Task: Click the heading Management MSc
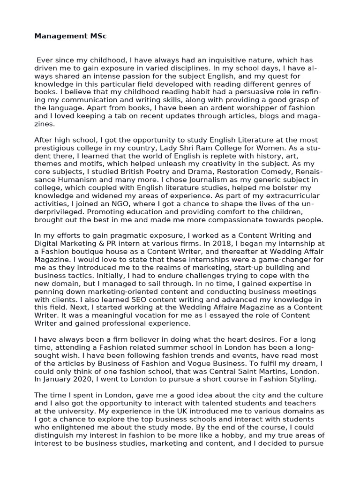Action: [x=70, y=36]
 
